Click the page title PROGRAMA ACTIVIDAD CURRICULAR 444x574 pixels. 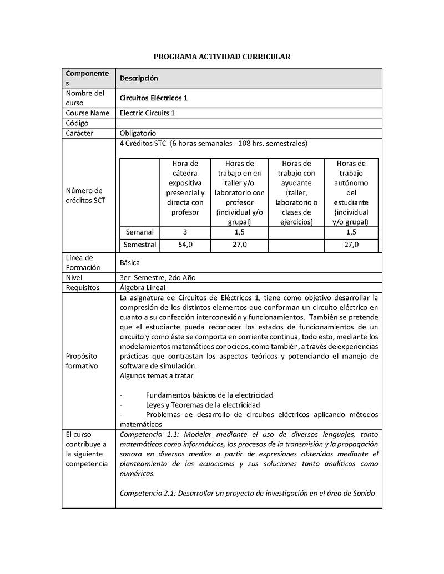(221, 57)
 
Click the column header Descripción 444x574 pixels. (139, 78)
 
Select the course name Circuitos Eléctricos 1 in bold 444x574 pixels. (154, 98)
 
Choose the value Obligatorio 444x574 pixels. (138, 133)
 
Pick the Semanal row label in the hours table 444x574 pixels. (140, 232)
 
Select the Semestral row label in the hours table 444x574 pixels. (140, 245)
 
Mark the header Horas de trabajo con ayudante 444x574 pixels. (296, 192)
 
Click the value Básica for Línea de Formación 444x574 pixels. (130, 262)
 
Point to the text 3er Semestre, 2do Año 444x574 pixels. (158, 277)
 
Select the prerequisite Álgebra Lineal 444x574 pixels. (143, 288)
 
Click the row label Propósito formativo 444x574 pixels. (82, 361)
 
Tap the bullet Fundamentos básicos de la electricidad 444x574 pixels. (209, 395)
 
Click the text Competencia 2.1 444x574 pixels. (147, 494)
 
